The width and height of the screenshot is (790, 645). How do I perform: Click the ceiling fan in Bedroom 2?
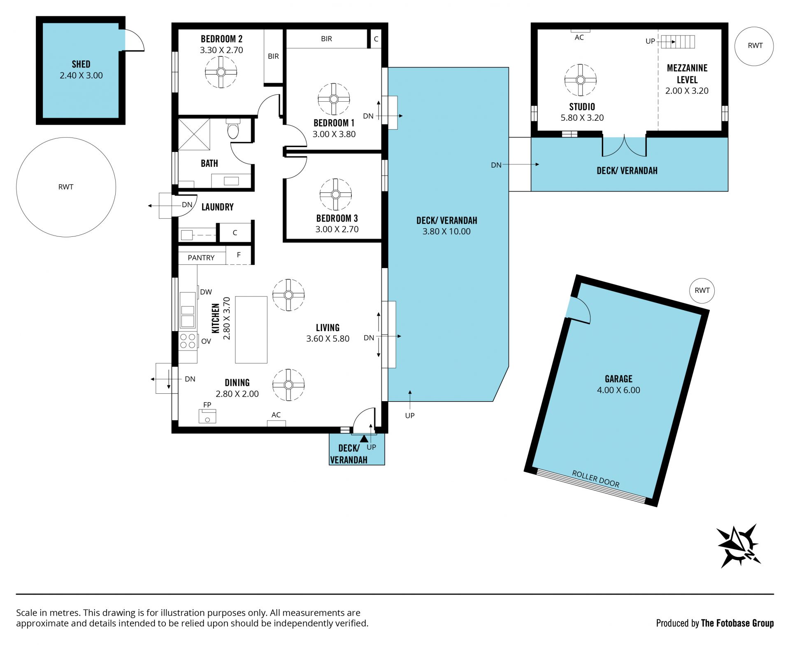(x=221, y=72)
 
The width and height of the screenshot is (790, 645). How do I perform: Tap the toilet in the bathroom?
(x=233, y=129)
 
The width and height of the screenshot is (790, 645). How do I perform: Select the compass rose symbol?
(x=739, y=546)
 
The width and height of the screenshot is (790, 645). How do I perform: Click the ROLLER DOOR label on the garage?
(x=595, y=479)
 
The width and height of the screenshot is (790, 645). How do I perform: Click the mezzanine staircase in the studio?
(x=678, y=42)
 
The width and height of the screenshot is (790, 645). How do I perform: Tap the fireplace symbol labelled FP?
(x=207, y=416)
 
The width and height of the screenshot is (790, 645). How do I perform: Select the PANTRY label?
(x=201, y=258)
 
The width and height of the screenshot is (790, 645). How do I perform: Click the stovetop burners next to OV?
(x=188, y=341)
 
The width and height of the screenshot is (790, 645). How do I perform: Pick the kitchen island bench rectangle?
(x=251, y=330)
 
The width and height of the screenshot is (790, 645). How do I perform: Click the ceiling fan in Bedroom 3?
(x=336, y=194)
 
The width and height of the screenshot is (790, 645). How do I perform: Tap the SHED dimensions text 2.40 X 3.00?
(x=81, y=75)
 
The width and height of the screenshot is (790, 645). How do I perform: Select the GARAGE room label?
(x=618, y=379)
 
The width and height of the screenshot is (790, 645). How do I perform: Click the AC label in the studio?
(x=579, y=37)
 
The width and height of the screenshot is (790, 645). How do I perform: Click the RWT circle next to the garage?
(x=702, y=290)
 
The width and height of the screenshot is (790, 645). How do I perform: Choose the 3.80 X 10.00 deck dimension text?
(x=446, y=231)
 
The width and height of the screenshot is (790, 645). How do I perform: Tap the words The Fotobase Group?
(x=737, y=623)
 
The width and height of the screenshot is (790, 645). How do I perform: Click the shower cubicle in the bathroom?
(x=194, y=134)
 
